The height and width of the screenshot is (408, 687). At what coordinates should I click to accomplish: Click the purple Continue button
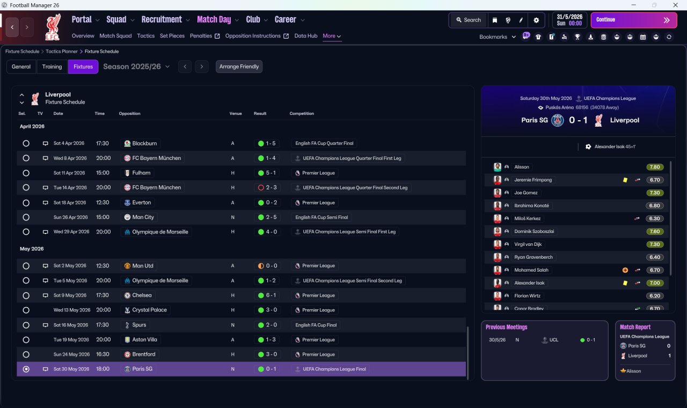coord(634,20)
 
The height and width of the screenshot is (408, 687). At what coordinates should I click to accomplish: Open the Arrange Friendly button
coord(239,67)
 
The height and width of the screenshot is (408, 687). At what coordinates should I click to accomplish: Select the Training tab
coord(52,67)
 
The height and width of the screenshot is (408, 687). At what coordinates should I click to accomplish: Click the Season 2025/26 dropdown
coord(136,67)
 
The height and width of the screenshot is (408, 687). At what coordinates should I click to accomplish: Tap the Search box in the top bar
coord(469,20)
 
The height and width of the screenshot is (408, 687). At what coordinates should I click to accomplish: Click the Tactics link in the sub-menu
coord(145,36)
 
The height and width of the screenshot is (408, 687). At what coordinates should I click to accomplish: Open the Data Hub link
coord(306,36)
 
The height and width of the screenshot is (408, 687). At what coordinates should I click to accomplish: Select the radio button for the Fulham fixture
coord(26,173)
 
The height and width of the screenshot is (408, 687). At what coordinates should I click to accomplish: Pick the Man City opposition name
coord(143,217)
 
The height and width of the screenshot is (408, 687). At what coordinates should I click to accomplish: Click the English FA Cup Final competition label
coord(316,325)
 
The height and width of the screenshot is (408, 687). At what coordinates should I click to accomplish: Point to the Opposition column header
coord(129,113)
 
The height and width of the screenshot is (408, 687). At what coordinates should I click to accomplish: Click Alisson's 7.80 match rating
coord(655,167)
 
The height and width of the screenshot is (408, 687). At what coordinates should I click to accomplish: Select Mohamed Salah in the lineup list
coord(531,270)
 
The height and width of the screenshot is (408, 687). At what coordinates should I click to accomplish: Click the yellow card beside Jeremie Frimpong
coord(625,180)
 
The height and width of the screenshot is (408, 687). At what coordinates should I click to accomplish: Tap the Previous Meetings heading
coord(506,327)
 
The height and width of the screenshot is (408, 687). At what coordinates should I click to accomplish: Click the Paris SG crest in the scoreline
coord(558,120)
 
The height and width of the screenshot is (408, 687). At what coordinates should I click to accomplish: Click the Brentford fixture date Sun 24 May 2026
coord(71,354)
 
